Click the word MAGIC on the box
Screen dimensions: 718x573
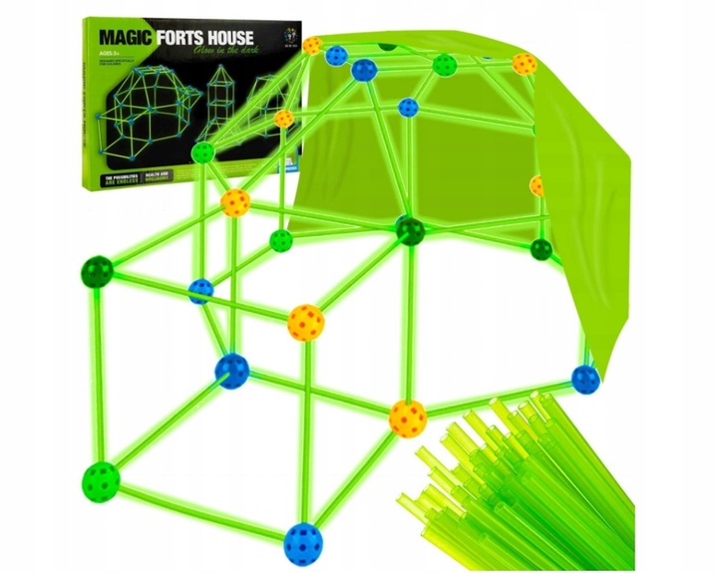pyautogui.click(x=126, y=37)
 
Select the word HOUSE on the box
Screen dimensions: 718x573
pyautogui.click(x=240, y=37)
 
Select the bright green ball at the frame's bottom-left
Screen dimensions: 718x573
pyautogui.click(x=100, y=479)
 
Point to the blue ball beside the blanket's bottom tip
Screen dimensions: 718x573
pyautogui.click(x=584, y=378)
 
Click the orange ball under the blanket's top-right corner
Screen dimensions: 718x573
pyautogui.click(x=525, y=66)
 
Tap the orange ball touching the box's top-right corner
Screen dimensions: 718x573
pyautogui.click(x=312, y=45)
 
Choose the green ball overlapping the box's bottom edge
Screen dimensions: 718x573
pyautogui.click(x=203, y=151)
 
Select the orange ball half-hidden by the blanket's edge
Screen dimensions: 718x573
pyautogui.click(x=538, y=185)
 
